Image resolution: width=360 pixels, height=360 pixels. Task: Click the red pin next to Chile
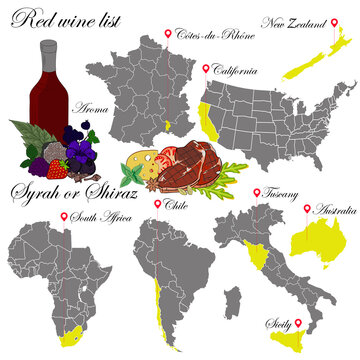[x=156, y=204]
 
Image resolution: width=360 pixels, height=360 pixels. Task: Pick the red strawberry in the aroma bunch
[x=59, y=164]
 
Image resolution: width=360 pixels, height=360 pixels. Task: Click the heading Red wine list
[x=60, y=19]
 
